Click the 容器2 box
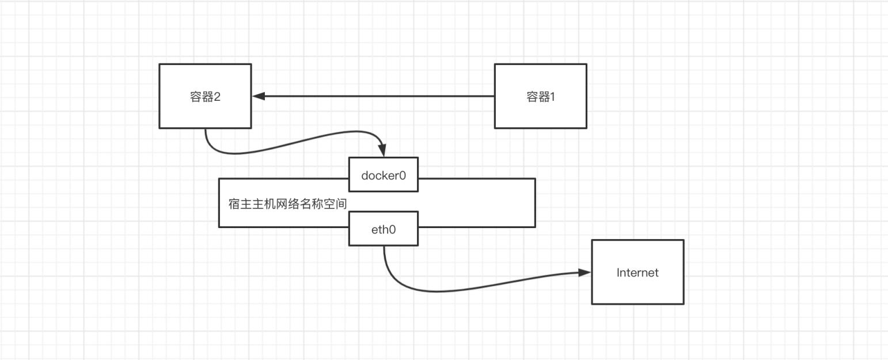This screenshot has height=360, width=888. tap(206, 96)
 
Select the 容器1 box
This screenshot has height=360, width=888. tap(541, 96)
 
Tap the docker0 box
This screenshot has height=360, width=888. tap(384, 175)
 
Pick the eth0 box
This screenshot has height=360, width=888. tap(384, 229)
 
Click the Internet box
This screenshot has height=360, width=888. tap(638, 272)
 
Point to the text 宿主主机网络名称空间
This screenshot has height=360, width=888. tap(288, 204)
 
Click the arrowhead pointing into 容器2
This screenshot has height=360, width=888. tap(259, 96)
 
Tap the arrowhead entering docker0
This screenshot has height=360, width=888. tap(382, 150)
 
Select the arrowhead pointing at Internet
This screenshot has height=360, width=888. tap(585, 272)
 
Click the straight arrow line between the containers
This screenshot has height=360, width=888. tap(373, 96)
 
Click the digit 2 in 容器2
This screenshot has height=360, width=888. tap(217, 96)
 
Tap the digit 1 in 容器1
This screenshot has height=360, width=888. tap(553, 96)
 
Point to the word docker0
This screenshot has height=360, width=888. tap(384, 175)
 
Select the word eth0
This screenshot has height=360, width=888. tap(384, 230)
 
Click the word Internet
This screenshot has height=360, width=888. tap(637, 272)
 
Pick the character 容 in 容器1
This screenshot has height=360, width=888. tap(532, 96)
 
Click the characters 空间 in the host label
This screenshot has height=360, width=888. tap(335, 204)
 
